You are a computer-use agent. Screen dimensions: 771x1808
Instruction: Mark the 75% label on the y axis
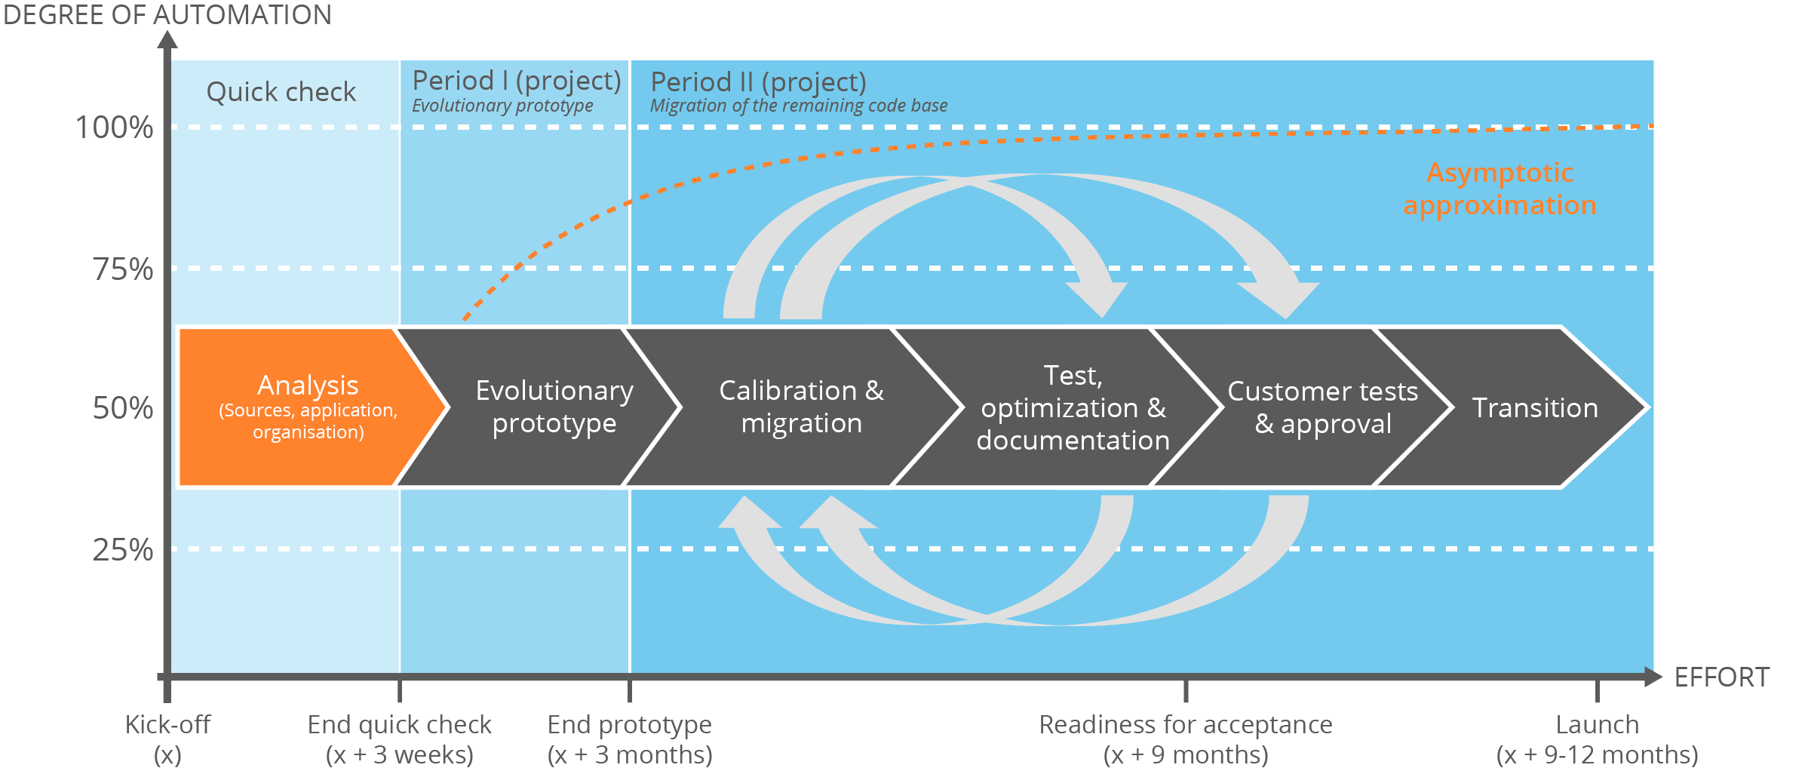123,269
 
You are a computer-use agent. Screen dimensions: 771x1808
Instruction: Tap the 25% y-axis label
123,550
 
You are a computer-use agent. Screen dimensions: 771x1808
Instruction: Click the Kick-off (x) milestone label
167,739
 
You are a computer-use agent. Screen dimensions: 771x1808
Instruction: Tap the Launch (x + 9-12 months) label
1597,739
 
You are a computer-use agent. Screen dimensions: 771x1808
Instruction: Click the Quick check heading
281,92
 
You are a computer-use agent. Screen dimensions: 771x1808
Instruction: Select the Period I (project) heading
517,81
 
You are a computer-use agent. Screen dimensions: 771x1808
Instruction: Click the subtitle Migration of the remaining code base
799,106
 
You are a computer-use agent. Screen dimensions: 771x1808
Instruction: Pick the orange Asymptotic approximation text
1500,189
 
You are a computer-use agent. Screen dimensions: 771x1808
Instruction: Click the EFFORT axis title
1721,677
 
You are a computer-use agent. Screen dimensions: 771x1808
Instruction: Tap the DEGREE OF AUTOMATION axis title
167,14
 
